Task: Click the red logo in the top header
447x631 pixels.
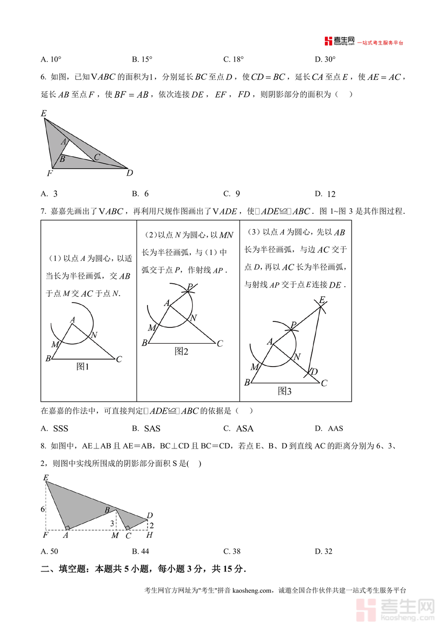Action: click(328, 41)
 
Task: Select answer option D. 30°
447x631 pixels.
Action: click(325, 60)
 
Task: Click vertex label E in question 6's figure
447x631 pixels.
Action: click(44, 114)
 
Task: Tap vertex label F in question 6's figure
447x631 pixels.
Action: click(49, 174)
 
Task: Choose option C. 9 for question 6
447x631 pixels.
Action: click(232, 194)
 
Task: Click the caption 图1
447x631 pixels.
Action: click(82, 367)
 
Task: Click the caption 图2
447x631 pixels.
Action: click(182, 351)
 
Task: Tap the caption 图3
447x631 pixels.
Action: click(285, 391)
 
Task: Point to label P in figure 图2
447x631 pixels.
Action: click(190, 287)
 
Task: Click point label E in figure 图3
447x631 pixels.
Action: click(322, 300)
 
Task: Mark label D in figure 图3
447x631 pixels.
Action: click(314, 372)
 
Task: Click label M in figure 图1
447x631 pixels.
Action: click(55, 344)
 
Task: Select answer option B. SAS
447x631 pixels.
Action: click(147, 429)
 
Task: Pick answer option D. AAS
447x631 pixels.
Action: click(329, 429)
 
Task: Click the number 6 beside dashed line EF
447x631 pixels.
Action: click(43, 509)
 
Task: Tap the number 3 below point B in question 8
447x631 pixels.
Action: click(112, 523)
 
